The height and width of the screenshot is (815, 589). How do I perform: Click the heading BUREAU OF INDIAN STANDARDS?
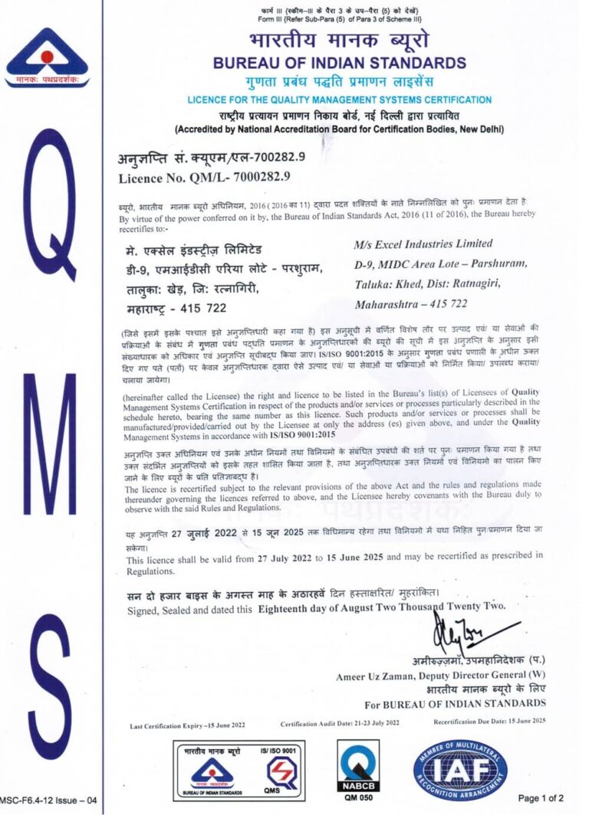click(x=339, y=62)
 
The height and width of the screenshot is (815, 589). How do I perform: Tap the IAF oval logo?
click(x=460, y=768)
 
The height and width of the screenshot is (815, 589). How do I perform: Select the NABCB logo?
click(x=360, y=764)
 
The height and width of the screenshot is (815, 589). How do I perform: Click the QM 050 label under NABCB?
click(x=360, y=797)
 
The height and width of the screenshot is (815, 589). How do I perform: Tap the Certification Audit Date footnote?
click(x=340, y=723)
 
